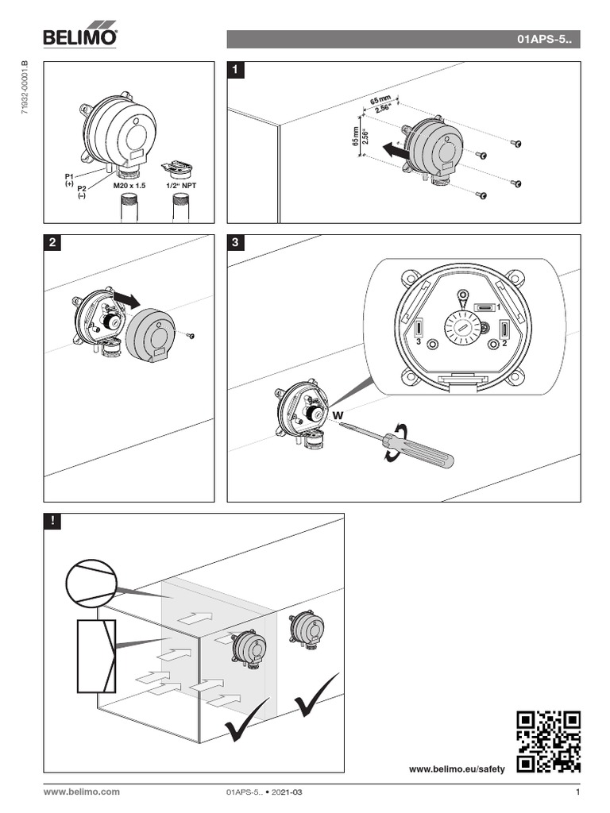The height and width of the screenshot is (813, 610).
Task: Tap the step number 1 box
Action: point(235,71)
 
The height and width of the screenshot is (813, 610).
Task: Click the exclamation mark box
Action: point(52,522)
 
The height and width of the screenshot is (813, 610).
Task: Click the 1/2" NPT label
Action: point(181,184)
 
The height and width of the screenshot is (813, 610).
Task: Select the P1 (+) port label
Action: point(69,179)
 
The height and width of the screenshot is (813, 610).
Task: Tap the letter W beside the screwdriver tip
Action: point(337,415)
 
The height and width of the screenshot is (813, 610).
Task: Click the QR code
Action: point(548,741)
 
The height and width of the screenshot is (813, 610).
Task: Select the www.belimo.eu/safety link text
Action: point(457,769)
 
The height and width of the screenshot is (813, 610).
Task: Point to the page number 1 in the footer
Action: point(577,792)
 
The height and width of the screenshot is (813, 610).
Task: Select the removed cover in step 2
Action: point(152,334)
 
